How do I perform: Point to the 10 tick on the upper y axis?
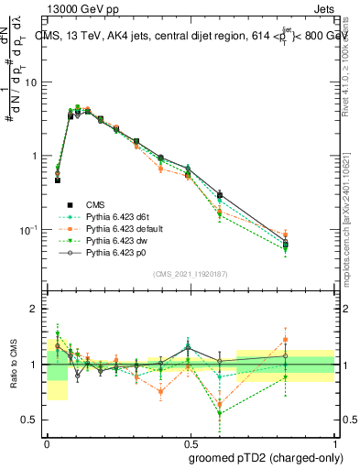34,82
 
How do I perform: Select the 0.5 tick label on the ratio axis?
32,420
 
